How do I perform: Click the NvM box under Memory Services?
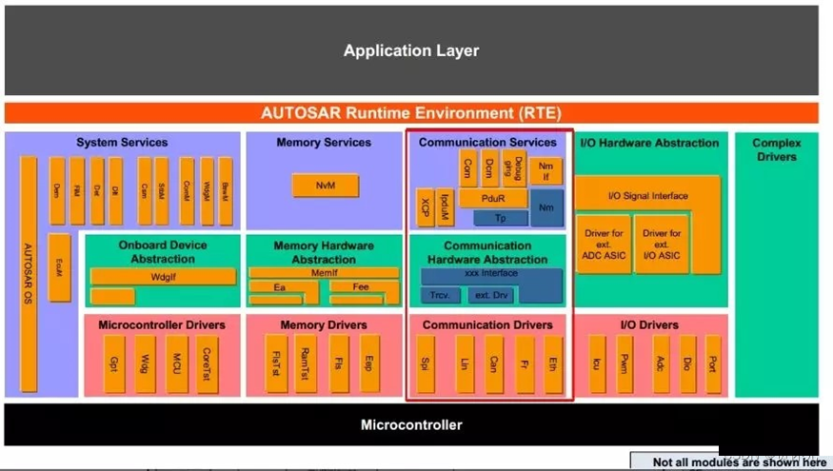(x=325, y=186)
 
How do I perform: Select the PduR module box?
(x=493, y=199)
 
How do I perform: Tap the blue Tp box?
(x=500, y=218)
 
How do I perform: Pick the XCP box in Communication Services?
(x=425, y=207)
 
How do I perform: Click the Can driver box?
(x=494, y=363)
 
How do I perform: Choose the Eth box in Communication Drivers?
(x=553, y=363)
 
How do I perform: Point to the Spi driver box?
(x=426, y=363)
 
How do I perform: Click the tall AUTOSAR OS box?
(x=29, y=274)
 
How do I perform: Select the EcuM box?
(x=59, y=267)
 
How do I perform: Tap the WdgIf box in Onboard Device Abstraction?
(x=163, y=276)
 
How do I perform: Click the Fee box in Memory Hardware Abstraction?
(x=363, y=285)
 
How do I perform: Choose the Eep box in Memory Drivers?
(x=369, y=363)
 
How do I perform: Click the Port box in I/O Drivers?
(x=712, y=363)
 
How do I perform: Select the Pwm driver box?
(x=625, y=363)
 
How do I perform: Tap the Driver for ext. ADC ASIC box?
(x=603, y=244)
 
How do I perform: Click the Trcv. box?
(x=440, y=295)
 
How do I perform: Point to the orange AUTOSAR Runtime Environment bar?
(x=410, y=112)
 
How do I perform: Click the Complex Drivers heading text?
(x=776, y=149)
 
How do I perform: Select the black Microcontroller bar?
(x=410, y=424)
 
